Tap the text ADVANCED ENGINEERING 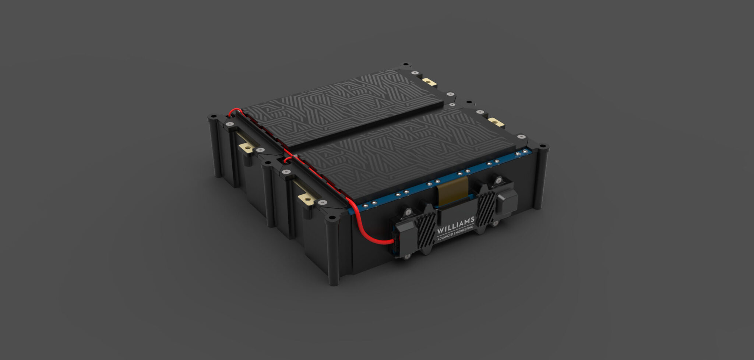[455, 234]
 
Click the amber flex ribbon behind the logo [452, 191]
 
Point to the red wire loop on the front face [364, 232]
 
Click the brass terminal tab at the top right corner [429, 82]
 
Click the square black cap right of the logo [507, 204]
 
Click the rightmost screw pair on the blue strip [521, 153]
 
